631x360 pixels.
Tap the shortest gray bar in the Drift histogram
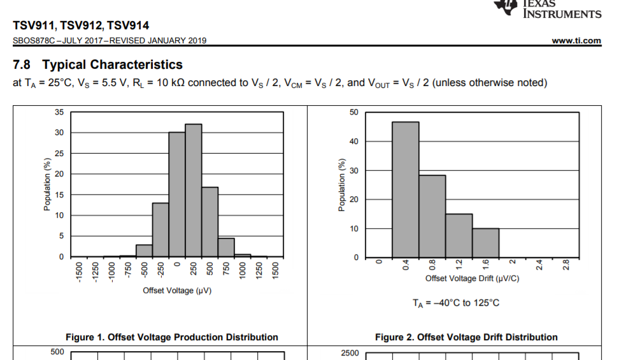(485, 242)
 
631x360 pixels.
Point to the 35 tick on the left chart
(59, 112)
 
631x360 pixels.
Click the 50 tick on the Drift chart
(354, 112)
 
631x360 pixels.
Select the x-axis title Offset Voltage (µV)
(177, 291)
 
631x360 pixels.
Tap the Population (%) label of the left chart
(47, 184)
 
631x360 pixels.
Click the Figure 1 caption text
(172, 337)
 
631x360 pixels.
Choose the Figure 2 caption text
(466, 337)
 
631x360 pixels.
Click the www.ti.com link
(576, 41)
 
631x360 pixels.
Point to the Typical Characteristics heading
(97, 64)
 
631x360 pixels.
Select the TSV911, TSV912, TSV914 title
(81, 25)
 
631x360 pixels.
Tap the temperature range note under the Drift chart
(456, 303)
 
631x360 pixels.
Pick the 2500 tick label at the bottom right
(350, 353)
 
